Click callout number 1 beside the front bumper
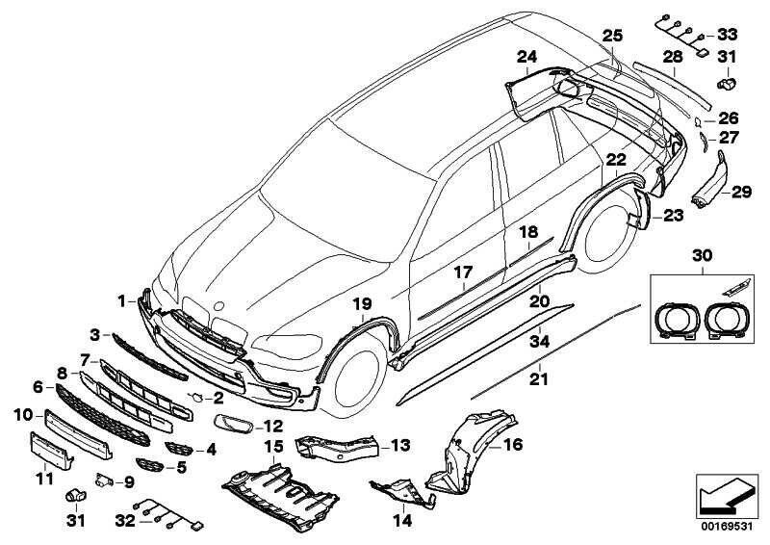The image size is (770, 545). pos(122,299)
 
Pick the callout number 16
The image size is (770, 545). pos(512,445)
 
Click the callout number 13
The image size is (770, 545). pos(400,446)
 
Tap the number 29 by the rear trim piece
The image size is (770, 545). pos(739,193)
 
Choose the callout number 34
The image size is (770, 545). pos(540,340)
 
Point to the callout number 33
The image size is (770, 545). pos(729,32)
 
